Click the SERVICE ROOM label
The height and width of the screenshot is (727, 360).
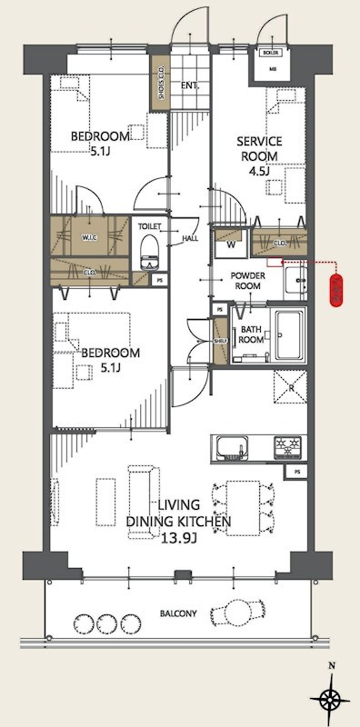(x=260, y=148)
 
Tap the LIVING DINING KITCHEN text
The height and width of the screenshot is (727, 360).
(x=178, y=513)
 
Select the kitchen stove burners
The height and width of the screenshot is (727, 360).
(x=289, y=446)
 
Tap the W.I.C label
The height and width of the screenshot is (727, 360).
(x=90, y=240)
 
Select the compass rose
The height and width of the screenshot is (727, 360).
(x=332, y=699)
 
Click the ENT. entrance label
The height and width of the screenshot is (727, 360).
(x=189, y=86)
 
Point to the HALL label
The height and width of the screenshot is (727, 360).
(x=190, y=239)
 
